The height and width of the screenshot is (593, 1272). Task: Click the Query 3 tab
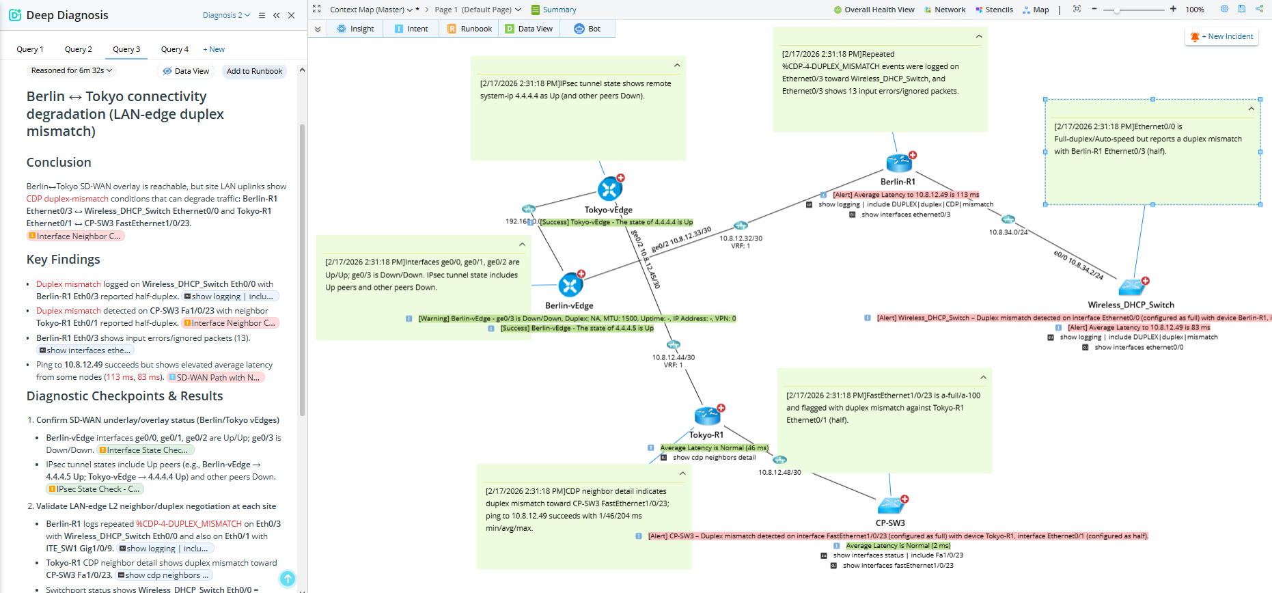(x=126, y=49)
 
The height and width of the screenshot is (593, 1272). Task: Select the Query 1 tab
(x=30, y=49)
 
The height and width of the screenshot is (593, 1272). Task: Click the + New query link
(x=214, y=49)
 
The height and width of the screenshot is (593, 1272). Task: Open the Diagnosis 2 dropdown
(x=226, y=15)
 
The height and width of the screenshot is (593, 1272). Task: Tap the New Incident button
(x=1221, y=37)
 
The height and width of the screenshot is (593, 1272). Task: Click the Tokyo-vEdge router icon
(x=609, y=189)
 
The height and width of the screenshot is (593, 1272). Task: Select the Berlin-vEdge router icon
(x=570, y=285)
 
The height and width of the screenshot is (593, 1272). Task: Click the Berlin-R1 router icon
(x=899, y=163)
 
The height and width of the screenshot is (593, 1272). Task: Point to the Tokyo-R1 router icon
(x=707, y=415)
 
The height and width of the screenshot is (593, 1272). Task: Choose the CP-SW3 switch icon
(x=891, y=506)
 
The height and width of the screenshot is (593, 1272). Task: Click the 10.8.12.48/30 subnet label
(x=779, y=472)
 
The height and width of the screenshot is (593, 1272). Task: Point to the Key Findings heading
(x=64, y=260)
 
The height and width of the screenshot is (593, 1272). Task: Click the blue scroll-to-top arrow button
(x=288, y=579)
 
